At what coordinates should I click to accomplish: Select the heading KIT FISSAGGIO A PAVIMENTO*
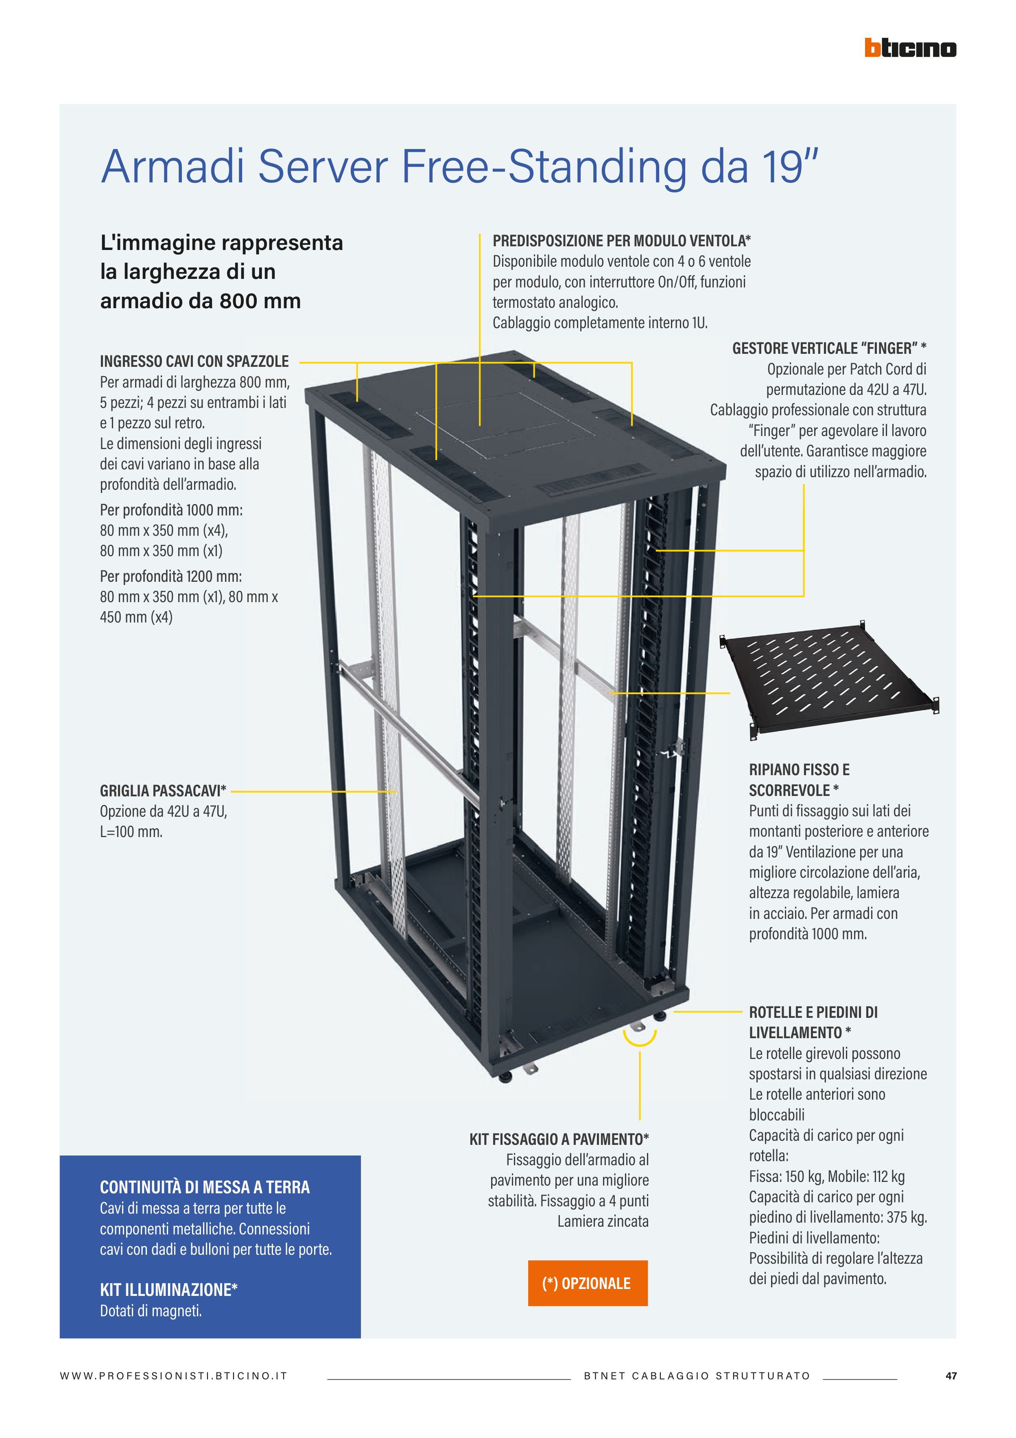559,1139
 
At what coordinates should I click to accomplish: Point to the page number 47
951,1376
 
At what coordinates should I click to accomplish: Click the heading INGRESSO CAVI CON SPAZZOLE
194,362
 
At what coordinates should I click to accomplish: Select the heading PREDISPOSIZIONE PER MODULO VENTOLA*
622,241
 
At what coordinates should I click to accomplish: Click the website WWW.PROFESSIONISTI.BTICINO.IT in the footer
173,1376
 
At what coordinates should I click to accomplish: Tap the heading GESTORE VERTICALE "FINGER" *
830,348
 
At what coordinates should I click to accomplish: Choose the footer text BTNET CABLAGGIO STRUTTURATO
697,1376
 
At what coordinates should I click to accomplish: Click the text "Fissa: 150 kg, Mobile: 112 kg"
827,1177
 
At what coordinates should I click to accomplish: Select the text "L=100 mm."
131,832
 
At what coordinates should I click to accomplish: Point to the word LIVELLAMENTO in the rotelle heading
795,1033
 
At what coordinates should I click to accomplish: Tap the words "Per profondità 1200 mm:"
171,576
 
